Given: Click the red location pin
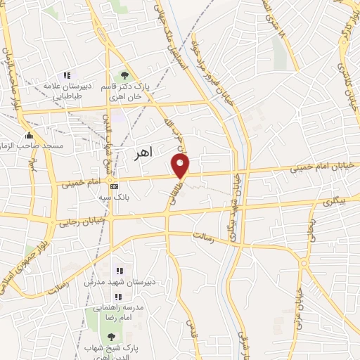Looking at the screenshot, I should pos(181,167).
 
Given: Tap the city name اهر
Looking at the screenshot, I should pos(142,154).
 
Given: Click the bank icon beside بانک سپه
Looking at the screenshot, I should pos(114,187).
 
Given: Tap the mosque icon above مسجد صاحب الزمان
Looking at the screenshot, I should pos(29,135).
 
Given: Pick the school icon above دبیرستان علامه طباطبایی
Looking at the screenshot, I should pos(67,75).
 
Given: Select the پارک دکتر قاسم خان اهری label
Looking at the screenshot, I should pos(124,90).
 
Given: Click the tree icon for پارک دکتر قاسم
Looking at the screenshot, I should pos(125,75).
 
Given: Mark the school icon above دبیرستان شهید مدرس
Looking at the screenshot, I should pos(119,271).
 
